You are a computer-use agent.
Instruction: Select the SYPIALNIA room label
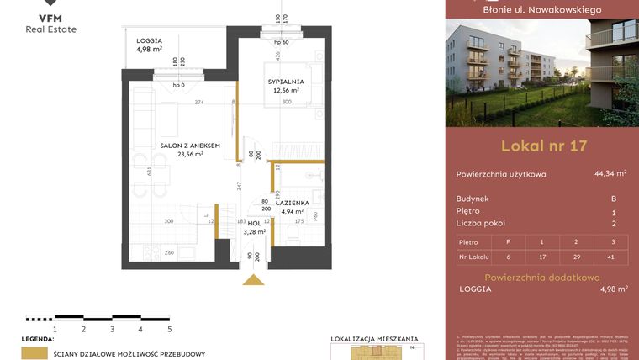[286, 82]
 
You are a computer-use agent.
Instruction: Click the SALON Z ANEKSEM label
[190, 146]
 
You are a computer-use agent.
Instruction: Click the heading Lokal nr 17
[543, 146]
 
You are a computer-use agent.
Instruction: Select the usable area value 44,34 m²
[610, 174]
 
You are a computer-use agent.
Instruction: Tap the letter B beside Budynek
[614, 199]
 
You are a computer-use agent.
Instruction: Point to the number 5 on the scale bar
[169, 330]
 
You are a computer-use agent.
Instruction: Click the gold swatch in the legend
[34, 354]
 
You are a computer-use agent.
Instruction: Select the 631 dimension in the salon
[150, 172]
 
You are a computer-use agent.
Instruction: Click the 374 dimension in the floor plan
[198, 103]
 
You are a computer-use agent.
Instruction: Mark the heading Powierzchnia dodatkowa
[542, 276]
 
